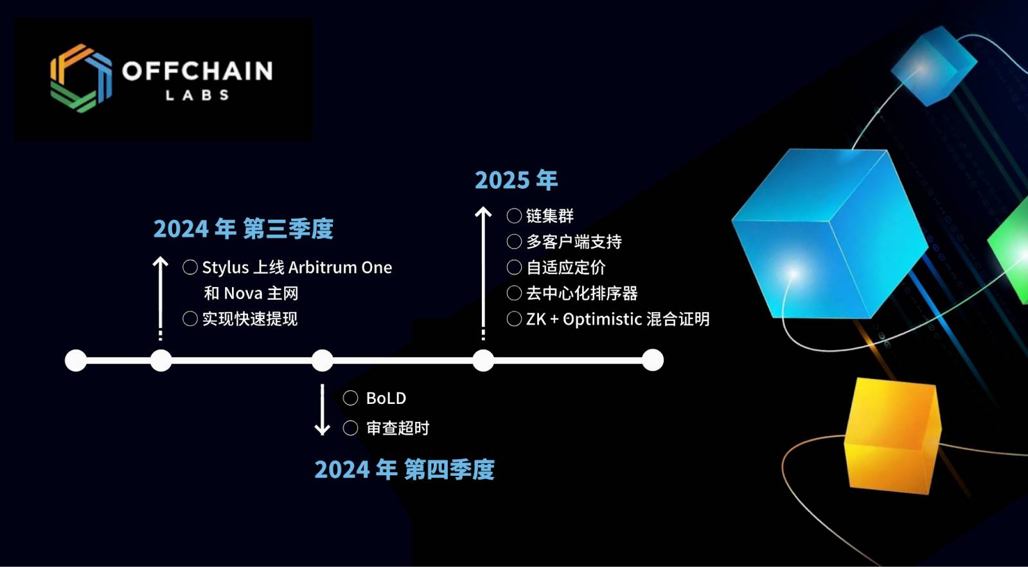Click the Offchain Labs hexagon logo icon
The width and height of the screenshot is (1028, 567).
coord(81,78)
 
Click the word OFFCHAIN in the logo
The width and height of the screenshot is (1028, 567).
coord(198,71)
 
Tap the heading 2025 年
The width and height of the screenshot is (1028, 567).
coord(517,180)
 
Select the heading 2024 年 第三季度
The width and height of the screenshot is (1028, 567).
coord(244,229)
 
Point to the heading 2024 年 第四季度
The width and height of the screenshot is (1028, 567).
coord(404,469)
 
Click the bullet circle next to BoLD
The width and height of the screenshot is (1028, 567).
coord(351,398)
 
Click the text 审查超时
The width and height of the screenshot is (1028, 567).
coord(398,428)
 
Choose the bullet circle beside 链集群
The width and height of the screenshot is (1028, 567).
coord(514,216)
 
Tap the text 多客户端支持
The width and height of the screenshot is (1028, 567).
coord(574,241)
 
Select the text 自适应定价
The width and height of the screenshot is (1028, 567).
coord(566,267)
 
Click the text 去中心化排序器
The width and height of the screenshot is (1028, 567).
coord(582,293)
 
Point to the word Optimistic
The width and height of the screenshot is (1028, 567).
coord(602,319)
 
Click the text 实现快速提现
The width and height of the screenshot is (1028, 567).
coord(250,319)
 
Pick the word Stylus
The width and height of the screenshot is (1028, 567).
coord(226,267)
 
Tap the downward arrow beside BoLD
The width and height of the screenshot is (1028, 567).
coord(322,410)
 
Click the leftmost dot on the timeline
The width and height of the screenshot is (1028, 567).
coord(76,360)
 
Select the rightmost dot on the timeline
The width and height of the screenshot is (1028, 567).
coord(653,360)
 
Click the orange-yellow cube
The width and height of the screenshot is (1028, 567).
coord(892,436)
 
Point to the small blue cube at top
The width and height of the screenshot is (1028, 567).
coord(934,65)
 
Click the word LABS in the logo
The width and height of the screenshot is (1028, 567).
coord(197,96)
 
